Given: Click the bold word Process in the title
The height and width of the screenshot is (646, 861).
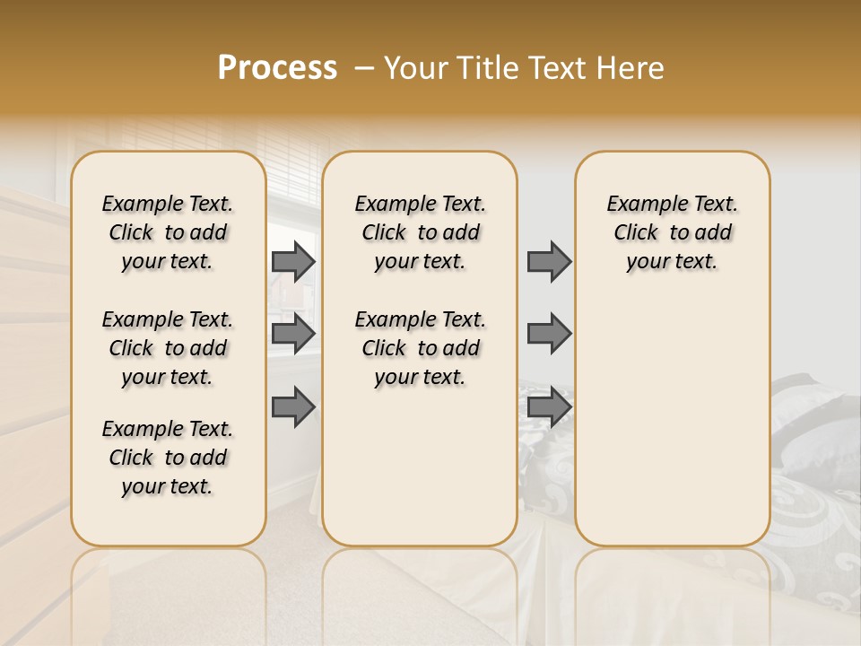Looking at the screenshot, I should [x=277, y=68].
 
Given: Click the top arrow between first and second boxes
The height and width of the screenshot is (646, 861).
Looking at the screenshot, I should [x=293, y=261].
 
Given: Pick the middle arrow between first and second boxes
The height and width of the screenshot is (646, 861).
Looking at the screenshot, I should [x=293, y=334].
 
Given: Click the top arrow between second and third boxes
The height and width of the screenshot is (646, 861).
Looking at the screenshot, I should [x=549, y=261].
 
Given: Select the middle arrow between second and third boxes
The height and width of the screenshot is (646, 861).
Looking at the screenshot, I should [x=549, y=334].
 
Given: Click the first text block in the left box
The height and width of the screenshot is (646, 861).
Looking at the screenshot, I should [x=168, y=232].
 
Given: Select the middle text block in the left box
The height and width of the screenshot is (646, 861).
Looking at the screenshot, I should [x=168, y=348].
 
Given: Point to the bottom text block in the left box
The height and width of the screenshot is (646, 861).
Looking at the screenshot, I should [x=168, y=458].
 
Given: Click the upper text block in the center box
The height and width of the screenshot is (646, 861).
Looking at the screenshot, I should [x=420, y=232].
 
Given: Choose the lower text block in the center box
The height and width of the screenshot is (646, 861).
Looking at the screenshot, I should [x=420, y=348].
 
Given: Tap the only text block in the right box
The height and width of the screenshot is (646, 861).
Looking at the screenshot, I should [x=672, y=232].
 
